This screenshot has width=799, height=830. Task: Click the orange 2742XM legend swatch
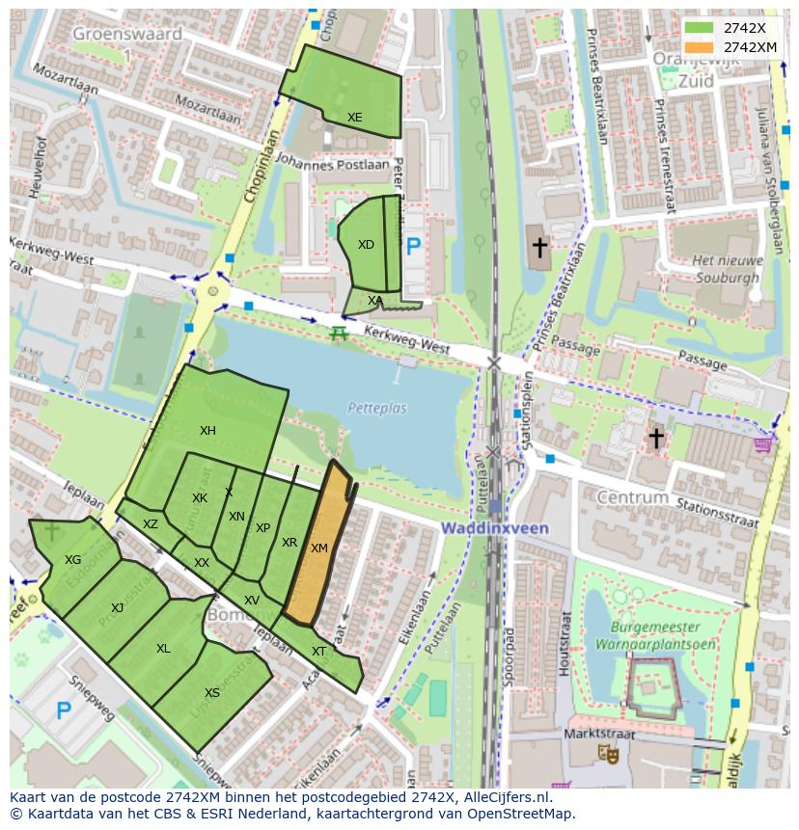700,47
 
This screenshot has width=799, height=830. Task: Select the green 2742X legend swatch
700,28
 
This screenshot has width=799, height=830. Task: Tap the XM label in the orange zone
319,548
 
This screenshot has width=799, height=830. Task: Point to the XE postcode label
354,118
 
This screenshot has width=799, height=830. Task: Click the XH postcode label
207,431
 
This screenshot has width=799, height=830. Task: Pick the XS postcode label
212,692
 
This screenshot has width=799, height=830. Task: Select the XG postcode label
72,560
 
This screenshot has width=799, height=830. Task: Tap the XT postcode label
318,652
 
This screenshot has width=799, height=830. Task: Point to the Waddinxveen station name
495,528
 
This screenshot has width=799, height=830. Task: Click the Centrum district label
632,497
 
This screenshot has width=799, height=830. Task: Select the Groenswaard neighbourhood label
126,34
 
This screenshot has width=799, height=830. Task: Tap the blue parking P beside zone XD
414,247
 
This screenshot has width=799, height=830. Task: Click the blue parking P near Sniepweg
64,711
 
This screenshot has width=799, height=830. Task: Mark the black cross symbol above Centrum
656,439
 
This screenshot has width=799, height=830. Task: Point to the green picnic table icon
338,334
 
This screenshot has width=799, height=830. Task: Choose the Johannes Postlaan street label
331,165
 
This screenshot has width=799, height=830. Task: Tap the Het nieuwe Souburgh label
728,268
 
